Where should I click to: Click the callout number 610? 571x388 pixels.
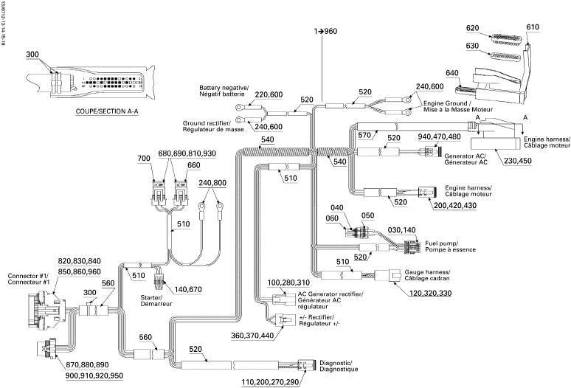(x=533, y=27)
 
